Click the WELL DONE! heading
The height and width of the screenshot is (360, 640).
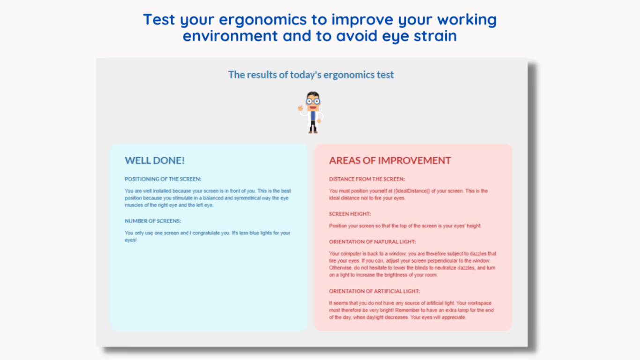pos(155,160)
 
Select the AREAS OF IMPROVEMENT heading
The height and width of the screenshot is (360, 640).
pos(390,160)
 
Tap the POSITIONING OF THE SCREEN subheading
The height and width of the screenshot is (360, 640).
pos(163,179)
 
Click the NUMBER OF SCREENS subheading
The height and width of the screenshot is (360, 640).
pos(153,221)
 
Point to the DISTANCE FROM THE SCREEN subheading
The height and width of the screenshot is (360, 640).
pos(367,179)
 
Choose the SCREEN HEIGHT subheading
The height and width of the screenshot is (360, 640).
pos(350,214)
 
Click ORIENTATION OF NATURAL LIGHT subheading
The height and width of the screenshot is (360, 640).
pos(372,241)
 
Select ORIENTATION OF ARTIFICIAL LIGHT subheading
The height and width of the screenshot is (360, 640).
pos(374,291)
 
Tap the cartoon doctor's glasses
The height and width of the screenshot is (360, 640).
pos(313,101)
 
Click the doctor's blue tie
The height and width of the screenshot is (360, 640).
pos(313,116)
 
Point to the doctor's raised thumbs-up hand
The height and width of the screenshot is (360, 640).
pos(300,108)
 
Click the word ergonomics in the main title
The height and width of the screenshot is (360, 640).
pos(262,19)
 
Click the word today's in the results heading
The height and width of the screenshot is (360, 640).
pos(305,75)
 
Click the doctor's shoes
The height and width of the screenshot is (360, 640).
pos(313,132)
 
